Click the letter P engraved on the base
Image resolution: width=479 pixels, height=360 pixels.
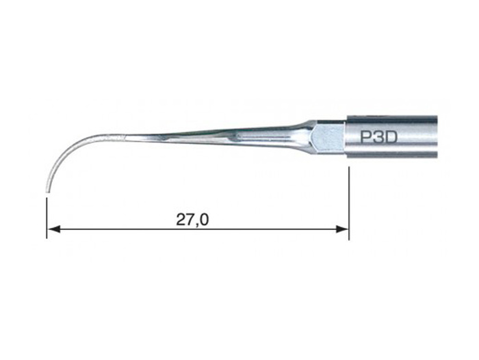pyautogui.click(x=366, y=137)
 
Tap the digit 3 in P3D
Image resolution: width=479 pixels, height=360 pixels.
pyautogui.click(x=378, y=137)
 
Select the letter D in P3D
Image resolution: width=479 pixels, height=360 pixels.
pyautogui.click(x=391, y=137)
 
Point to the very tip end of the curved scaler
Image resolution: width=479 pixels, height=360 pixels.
pyautogui.click(x=47, y=192)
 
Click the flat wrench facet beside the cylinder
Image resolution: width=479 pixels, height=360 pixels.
pyautogui.click(x=328, y=137)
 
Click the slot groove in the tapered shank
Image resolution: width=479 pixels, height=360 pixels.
pyautogui.click(x=263, y=136)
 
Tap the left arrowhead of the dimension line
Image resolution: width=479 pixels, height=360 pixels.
pyautogui.click(x=53, y=229)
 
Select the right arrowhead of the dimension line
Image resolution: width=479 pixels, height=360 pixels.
pyautogui.click(x=342, y=229)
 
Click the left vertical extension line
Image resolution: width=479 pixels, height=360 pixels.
pyautogui.click(x=47, y=218)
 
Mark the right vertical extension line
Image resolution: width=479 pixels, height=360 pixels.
pyautogui.click(x=349, y=203)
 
